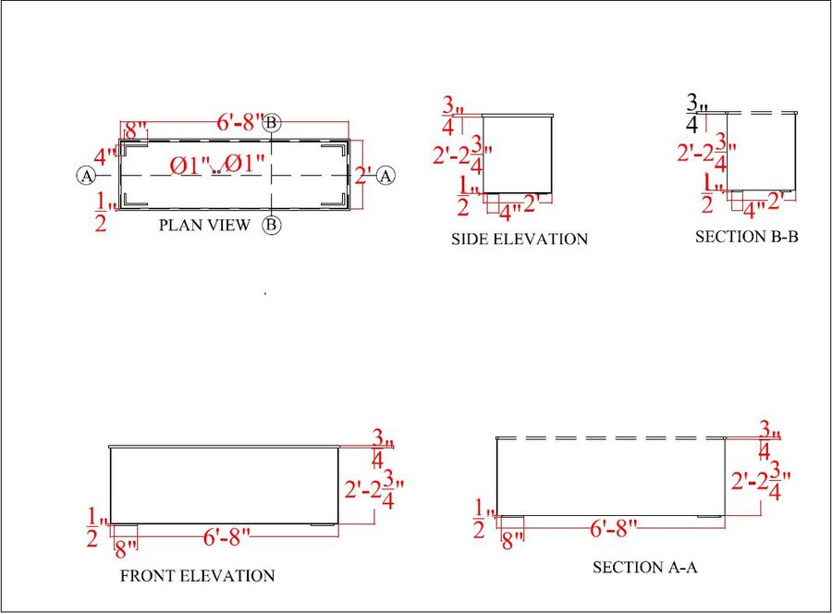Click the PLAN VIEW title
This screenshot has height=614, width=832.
click(204, 225)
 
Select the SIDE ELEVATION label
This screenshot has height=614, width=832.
click(519, 239)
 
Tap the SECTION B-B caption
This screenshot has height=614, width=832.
click(747, 237)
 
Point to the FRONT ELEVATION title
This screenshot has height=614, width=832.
click(198, 576)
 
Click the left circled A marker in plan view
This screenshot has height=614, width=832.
click(85, 175)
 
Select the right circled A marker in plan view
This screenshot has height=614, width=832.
click(386, 175)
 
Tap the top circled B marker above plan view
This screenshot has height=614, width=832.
click(272, 123)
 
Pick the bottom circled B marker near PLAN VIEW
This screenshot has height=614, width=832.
click(272, 225)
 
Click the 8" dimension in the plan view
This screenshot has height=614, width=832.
click(136, 129)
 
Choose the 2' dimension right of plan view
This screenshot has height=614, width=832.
click(364, 175)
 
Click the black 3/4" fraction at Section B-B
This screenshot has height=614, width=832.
click(695, 113)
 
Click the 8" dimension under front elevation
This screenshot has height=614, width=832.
click(125, 547)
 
